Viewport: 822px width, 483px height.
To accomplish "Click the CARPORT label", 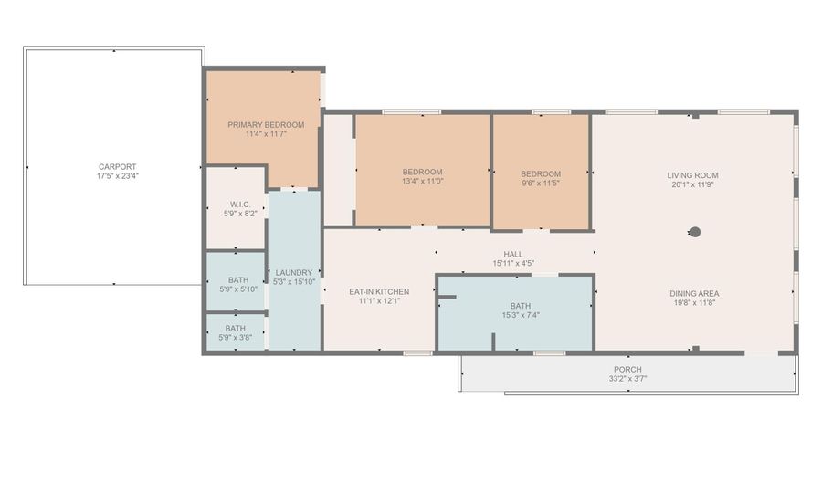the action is [118, 166].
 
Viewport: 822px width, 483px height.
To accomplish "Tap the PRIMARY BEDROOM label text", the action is [266, 125].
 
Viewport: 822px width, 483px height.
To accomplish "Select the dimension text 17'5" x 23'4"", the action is [118, 176].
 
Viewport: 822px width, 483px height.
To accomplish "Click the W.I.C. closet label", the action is [240, 205].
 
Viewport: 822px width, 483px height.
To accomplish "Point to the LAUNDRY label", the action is [293, 272].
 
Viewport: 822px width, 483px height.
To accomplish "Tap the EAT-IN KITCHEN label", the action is [379, 292].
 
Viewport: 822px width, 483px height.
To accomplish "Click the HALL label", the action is [513, 254].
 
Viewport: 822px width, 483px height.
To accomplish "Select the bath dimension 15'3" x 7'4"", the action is [521, 315].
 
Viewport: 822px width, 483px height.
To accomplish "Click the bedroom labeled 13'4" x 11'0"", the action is [423, 172].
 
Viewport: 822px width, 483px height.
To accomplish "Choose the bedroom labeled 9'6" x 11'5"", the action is [541, 173].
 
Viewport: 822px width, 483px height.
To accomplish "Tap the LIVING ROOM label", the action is [692, 175].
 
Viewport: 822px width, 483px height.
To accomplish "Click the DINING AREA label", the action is [694, 293].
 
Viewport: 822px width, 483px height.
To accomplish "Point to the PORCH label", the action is [627, 369].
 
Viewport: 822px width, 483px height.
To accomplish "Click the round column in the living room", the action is [695, 232].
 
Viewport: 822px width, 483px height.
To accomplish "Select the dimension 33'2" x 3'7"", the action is [627, 378].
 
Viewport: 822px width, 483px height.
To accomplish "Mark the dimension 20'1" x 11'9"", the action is [692, 184].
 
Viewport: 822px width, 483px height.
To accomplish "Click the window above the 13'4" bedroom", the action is [412, 111].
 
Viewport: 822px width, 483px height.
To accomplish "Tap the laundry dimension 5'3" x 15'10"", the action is [293, 282].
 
